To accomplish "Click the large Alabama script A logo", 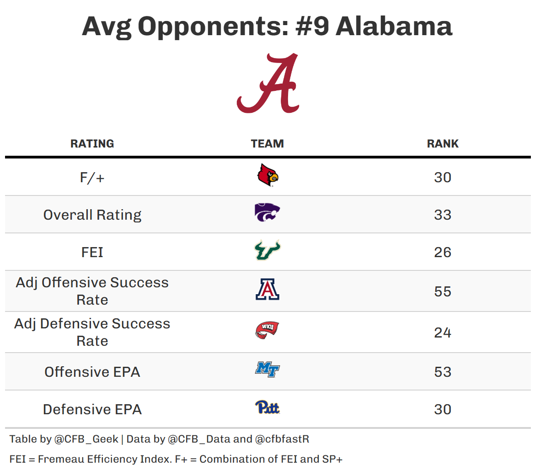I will click(268, 83).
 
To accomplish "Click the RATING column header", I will click(92, 143).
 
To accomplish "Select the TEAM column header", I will click(267, 143).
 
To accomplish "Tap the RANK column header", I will click(443, 143).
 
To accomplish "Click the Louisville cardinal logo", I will click(267, 176).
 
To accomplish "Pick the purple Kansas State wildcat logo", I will click(267, 213).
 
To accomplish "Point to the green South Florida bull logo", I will click(267, 250).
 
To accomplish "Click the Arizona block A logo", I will click(267, 290).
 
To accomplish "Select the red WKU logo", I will click(267, 330).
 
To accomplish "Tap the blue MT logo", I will click(267, 369).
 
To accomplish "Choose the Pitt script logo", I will click(267, 407).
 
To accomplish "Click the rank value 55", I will click(443, 291).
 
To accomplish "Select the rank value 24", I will click(443, 332).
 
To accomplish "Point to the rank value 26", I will click(443, 252).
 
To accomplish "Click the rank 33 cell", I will click(443, 215).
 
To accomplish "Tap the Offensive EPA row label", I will click(92, 372).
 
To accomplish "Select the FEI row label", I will click(92, 252).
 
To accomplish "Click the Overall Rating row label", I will click(92, 215).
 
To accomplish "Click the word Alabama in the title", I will click(394, 26).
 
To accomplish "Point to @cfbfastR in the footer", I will click(282, 439).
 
